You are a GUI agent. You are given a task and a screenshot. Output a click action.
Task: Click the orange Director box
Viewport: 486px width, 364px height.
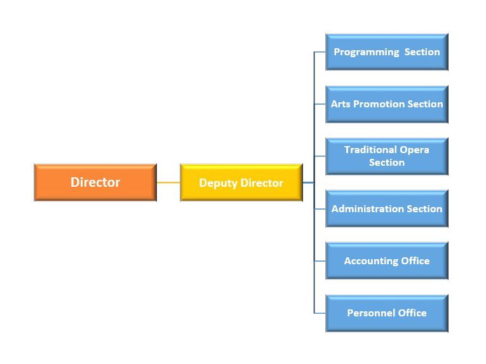[x=95, y=182]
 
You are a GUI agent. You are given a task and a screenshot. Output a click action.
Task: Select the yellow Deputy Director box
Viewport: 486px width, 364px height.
[x=241, y=182]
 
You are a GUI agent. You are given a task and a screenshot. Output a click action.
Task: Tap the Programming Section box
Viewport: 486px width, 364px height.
[x=386, y=52]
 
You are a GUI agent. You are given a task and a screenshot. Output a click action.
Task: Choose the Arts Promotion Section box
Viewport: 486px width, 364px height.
[x=386, y=104]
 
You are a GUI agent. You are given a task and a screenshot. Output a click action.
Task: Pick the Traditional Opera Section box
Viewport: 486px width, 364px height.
[x=386, y=156]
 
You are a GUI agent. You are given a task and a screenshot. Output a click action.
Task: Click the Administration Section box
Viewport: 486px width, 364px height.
[x=386, y=208]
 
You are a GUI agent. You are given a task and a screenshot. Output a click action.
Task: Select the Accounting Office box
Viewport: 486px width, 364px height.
[x=386, y=260]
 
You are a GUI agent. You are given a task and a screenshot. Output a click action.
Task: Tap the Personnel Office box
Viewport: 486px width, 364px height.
[x=386, y=313]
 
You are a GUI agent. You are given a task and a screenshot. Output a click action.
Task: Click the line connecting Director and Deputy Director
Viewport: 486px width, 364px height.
[x=168, y=182]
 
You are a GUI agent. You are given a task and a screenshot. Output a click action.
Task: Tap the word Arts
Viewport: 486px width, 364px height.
[x=341, y=104]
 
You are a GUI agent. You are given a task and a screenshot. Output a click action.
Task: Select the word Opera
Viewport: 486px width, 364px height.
[x=414, y=150]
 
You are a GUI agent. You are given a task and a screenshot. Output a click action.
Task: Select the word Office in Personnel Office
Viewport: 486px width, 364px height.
[x=412, y=313]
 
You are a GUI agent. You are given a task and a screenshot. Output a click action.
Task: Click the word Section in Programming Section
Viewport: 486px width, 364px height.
[x=422, y=52]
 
